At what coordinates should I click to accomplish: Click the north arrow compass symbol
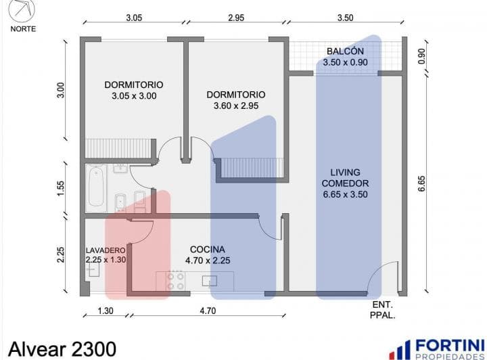pos(22,10)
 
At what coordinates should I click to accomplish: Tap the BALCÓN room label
pos(345,51)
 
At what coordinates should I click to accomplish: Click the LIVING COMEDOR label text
pos(345,178)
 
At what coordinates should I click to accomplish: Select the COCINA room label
pos(208,250)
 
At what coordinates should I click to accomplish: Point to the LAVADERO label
pos(106,250)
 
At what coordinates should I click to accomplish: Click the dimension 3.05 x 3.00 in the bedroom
pos(134,96)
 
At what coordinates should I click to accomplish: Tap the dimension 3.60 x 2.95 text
pos(236,106)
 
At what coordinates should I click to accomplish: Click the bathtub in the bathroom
pos(96,188)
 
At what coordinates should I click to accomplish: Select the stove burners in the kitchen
pos(175,281)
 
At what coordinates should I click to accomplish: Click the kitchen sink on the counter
pos(210,281)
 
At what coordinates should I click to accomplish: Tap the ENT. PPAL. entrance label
pos(382,310)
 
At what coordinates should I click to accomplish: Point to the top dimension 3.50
pos(346,18)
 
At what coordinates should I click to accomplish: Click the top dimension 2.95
pos(236,18)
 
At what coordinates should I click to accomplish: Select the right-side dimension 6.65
pos(421,184)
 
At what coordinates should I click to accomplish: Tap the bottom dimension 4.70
pos(208,311)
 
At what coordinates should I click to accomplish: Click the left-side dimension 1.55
pos(61,188)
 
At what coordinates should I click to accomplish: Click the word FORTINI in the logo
pos(450,345)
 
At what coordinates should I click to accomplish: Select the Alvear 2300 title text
pos(62,348)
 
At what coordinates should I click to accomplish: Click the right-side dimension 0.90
pos(421,56)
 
